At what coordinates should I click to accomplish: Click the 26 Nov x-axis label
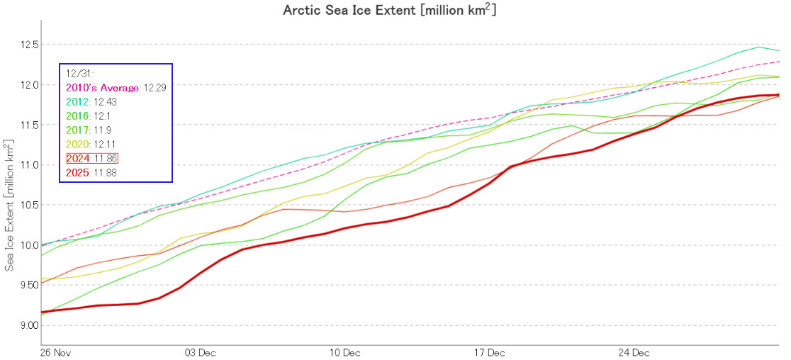pos(56,352)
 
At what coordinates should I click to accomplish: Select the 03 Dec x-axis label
pos(201,352)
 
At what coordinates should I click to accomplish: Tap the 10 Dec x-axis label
pos(345,352)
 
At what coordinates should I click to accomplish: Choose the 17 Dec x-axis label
pos(489,352)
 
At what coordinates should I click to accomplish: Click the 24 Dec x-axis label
pos(634,352)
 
